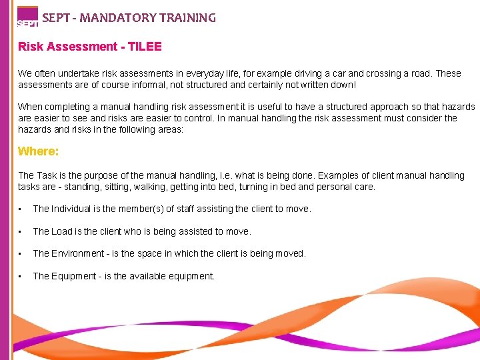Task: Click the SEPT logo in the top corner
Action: click(x=27, y=16)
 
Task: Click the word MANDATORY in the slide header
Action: click(x=117, y=18)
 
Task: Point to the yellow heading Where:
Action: click(x=39, y=151)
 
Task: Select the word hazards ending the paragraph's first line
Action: click(x=459, y=107)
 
